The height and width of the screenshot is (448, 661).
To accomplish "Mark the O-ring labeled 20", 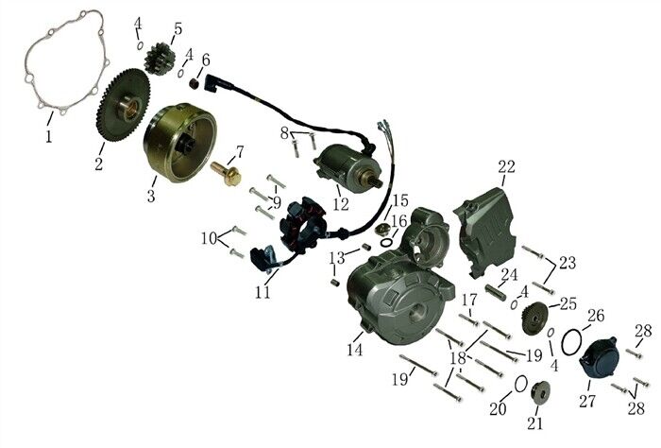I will pos(520,383).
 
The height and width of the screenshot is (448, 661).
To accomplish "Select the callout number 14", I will pos(355,349).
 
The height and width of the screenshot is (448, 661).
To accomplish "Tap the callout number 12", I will pos(340,202).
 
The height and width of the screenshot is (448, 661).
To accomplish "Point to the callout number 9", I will pos(276,202).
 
